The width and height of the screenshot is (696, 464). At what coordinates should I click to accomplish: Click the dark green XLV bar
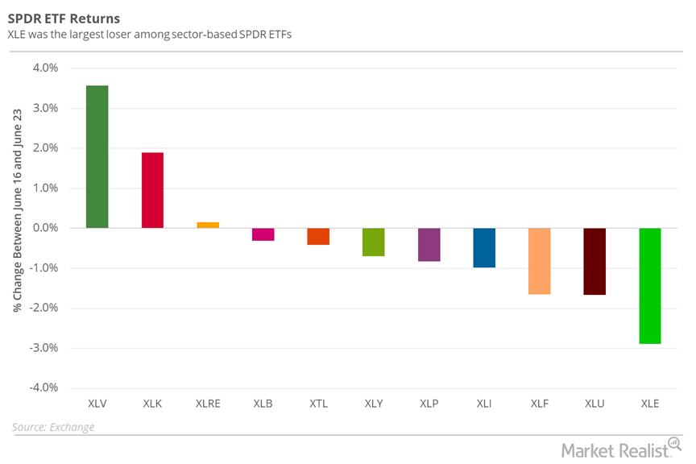[x=97, y=156]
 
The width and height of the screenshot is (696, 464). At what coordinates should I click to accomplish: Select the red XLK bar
[x=152, y=190]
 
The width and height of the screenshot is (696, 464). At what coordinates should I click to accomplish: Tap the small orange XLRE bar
[x=208, y=225]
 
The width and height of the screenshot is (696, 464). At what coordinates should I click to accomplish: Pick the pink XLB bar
[x=263, y=234]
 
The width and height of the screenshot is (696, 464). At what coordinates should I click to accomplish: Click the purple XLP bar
[x=429, y=245]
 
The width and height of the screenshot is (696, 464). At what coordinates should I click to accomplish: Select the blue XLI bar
[x=484, y=247]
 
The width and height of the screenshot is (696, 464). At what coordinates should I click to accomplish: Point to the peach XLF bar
[x=539, y=261]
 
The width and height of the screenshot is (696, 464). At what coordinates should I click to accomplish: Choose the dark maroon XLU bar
[x=594, y=261]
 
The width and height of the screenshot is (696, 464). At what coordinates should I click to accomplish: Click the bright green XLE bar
[x=649, y=286]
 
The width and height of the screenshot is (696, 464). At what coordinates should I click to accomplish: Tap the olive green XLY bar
[x=374, y=242]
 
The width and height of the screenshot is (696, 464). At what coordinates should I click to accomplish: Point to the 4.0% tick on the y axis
[x=45, y=68]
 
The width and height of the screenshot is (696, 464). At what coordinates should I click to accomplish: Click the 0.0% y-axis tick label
[x=45, y=228]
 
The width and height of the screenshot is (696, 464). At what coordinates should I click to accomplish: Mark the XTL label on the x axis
[x=318, y=404]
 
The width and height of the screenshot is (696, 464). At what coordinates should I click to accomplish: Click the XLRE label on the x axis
[x=208, y=404]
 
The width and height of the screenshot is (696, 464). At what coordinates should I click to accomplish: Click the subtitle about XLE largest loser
[x=150, y=35]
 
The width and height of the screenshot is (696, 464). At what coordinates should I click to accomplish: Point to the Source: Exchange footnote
[x=53, y=427]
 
